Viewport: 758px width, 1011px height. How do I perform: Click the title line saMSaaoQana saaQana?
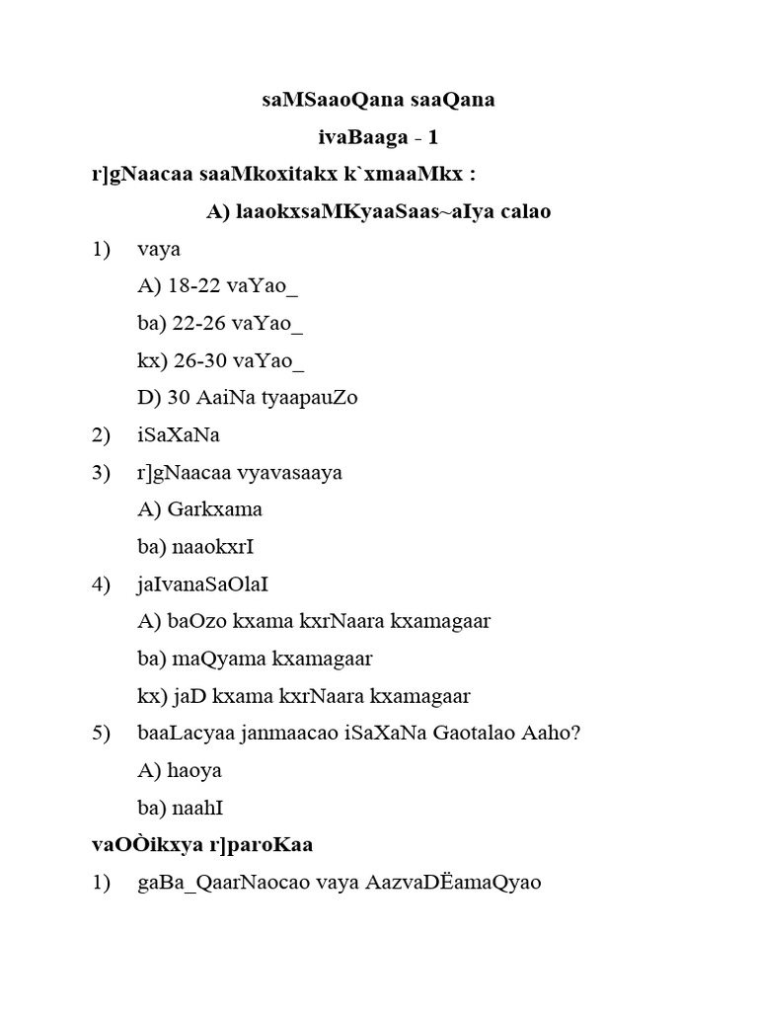pyautogui.click(x=379, y=100)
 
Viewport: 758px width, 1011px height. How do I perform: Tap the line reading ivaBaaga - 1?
pyautogui.click(x=378, y=137)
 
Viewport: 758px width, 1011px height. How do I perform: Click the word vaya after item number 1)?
pyautogui.click(x=160, y=250)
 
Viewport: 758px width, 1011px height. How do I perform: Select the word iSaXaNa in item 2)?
pyautogui.click(x=179, y=435)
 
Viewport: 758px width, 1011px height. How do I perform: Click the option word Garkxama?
pyautogui.click(x=214, y=509)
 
